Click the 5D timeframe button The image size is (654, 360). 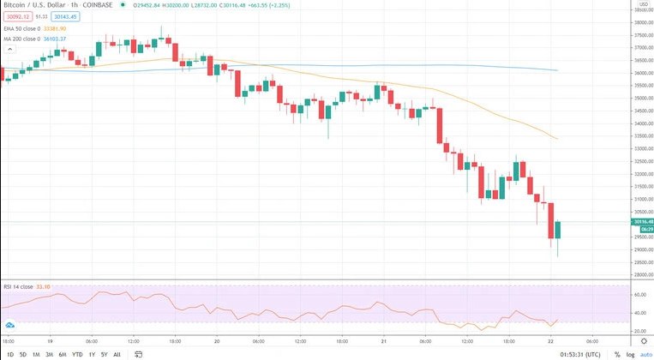(23, 354)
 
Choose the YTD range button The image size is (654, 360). (76, 354)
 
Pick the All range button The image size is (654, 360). (117, 354)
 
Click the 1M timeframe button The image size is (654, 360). (36, 354)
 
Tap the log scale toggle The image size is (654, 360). (630, 354)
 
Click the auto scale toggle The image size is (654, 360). (645, 354)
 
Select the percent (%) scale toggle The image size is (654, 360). (616, 354)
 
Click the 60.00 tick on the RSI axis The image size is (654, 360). (639, 293)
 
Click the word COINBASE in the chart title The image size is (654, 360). (99, 5)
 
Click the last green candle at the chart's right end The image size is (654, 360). (557, 230)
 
